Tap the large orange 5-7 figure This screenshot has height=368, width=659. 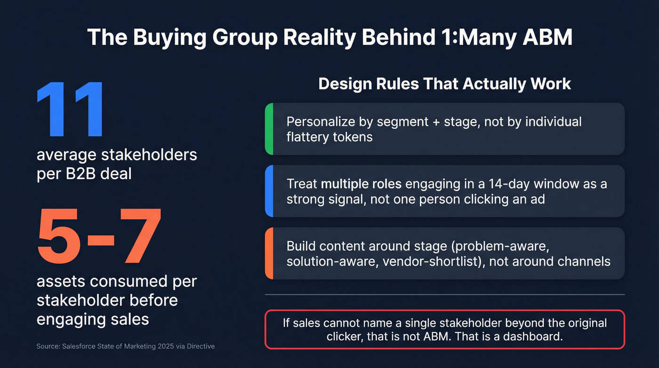click(x=99, y=236)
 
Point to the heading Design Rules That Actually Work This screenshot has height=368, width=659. click(x=444, y=84)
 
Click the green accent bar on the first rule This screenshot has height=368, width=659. click(x=269, y=129)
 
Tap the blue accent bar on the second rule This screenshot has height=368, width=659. click(x=269, y=191)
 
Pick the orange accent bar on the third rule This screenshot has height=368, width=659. click(x=269, y=253)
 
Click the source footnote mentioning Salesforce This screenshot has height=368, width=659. click(x=125, y=346)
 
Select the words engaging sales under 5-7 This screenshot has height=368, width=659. click(x=93, y=319)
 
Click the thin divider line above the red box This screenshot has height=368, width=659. click(x=444, y=294)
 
